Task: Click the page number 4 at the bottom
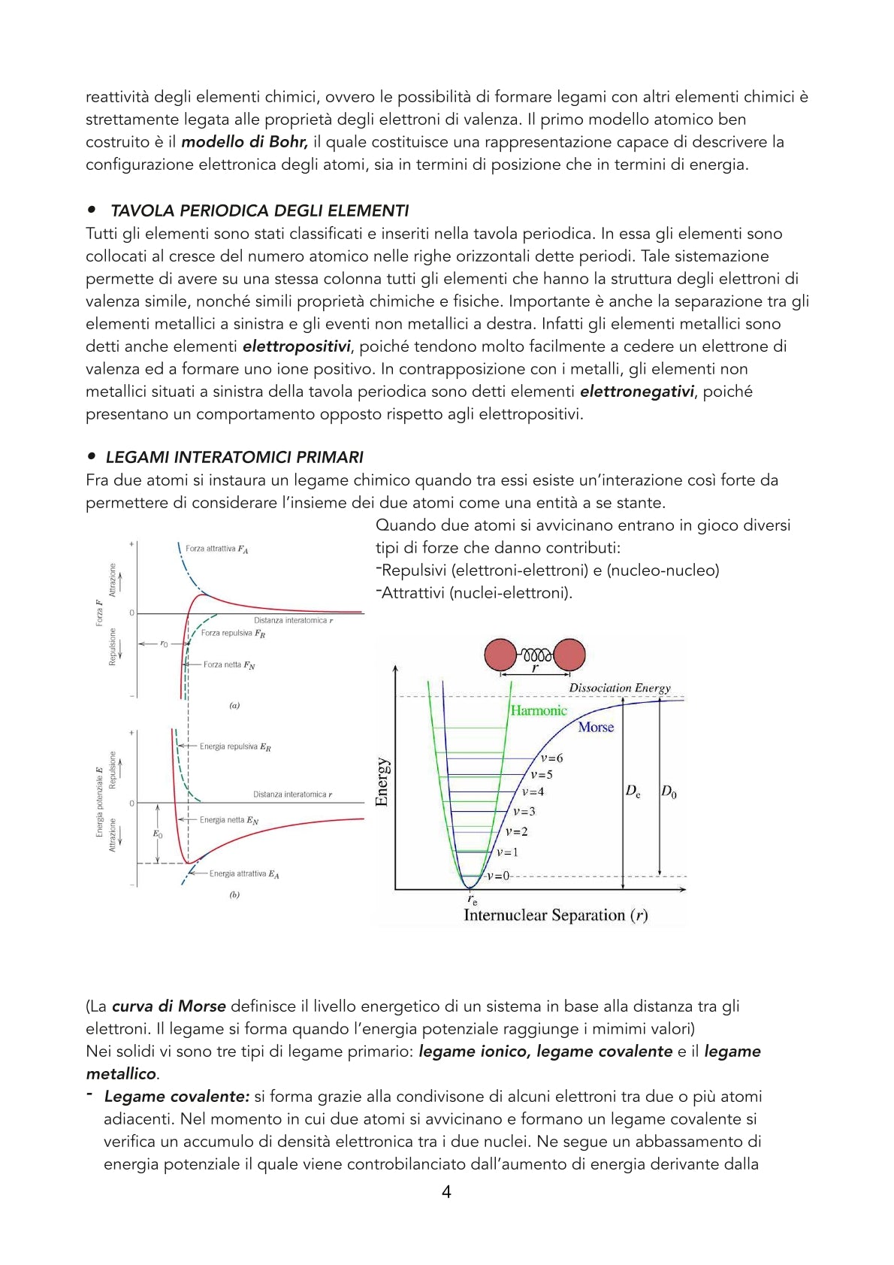(x=446, y=1191)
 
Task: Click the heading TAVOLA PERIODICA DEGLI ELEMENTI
(x=259, y=210)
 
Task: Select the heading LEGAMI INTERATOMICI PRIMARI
(x=234, y=457)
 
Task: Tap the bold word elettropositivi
(x=296, y=347)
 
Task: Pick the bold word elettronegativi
(x=637, y=392)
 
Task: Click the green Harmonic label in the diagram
(x=539, y=710)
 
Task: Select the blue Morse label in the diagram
(x=596, y=727)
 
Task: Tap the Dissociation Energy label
(x=619, y=688)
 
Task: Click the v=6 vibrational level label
(x=551, y=758)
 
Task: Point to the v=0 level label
(x=497, y=876)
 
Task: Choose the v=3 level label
(x=524, y=812)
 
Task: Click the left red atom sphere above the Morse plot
(x=500, y=655)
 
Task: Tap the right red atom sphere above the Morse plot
(x=569, y=655)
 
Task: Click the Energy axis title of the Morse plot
(x=382, y=782)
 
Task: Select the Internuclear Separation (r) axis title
(x=555, y=915)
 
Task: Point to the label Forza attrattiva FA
(x=216, y=549)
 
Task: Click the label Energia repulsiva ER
(x=235, y=747)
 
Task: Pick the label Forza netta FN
(x=229, y=665)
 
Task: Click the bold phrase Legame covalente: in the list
(x=177, y=1097)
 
